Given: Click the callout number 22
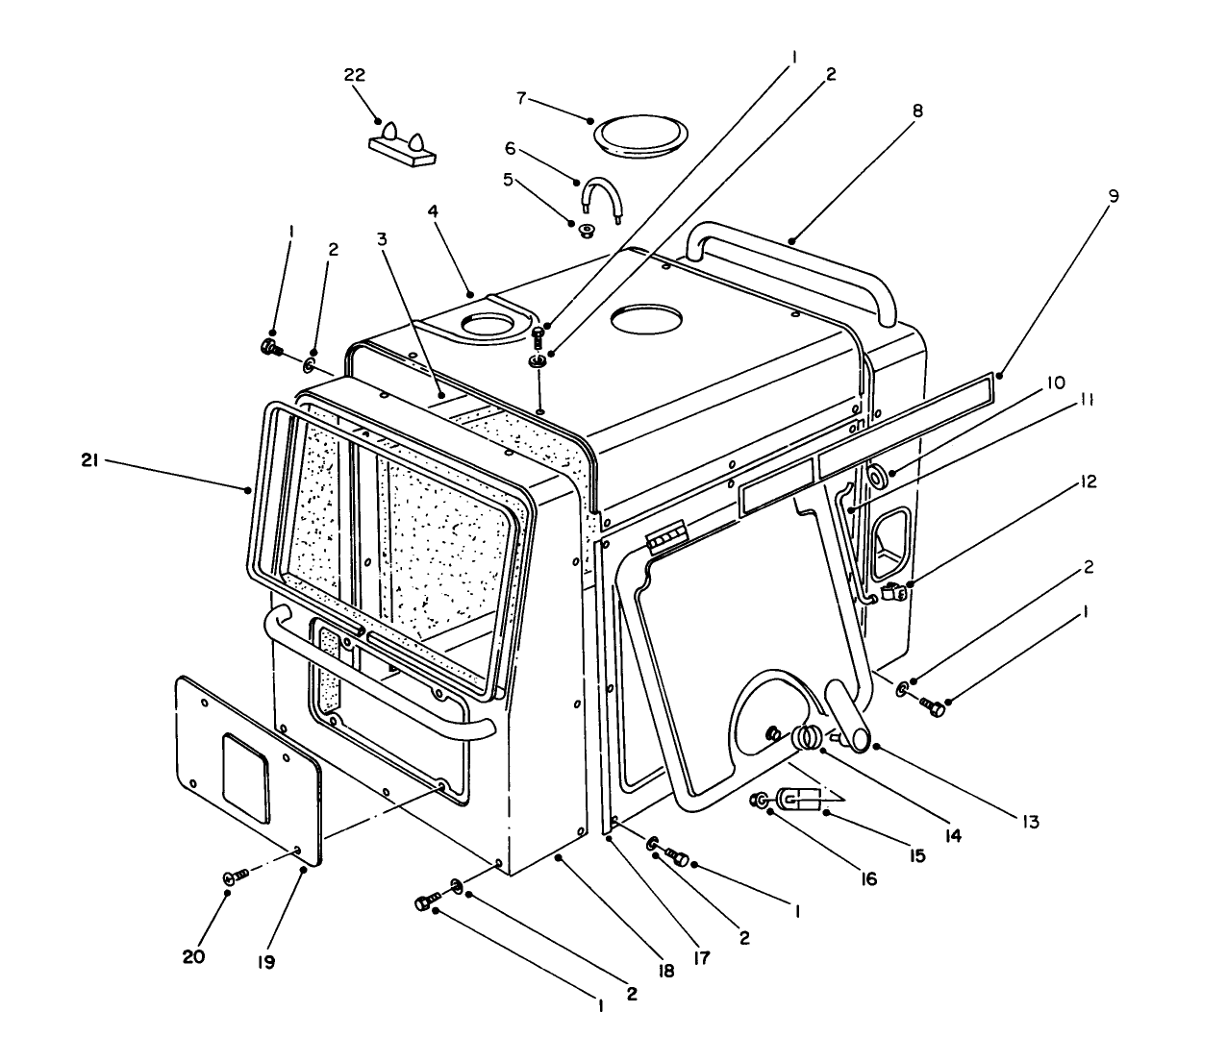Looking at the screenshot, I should (x=355, y=76).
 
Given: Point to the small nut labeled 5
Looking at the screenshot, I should (x=585, y=230).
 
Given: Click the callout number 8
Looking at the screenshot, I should (x=917, y=111).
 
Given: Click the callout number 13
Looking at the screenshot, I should (x=1030, y=823).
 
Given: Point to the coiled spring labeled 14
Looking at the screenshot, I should (x=808, y=738).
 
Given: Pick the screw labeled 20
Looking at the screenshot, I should (x=236, y=876).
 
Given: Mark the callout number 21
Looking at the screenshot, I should (x=91, y=461).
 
